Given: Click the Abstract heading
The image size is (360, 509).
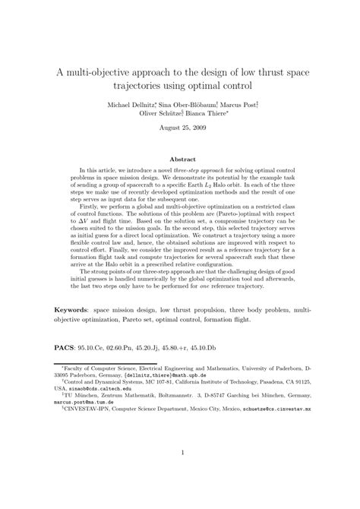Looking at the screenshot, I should tap(180, 159).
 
